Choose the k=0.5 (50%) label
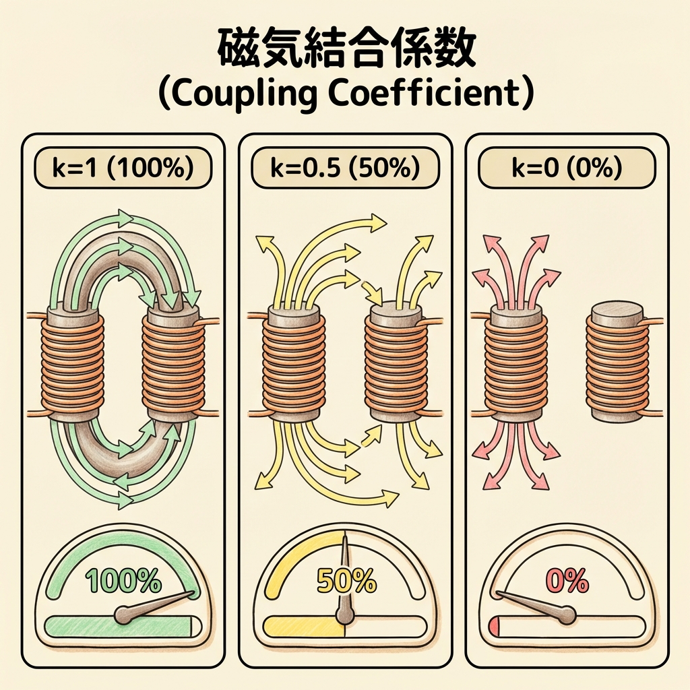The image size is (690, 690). (x=345, y=168)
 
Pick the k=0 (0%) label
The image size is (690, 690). (x=566, y=168)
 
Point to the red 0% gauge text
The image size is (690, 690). (x=566, y=581)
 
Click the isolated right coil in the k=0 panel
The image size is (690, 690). (x=617, y=364)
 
